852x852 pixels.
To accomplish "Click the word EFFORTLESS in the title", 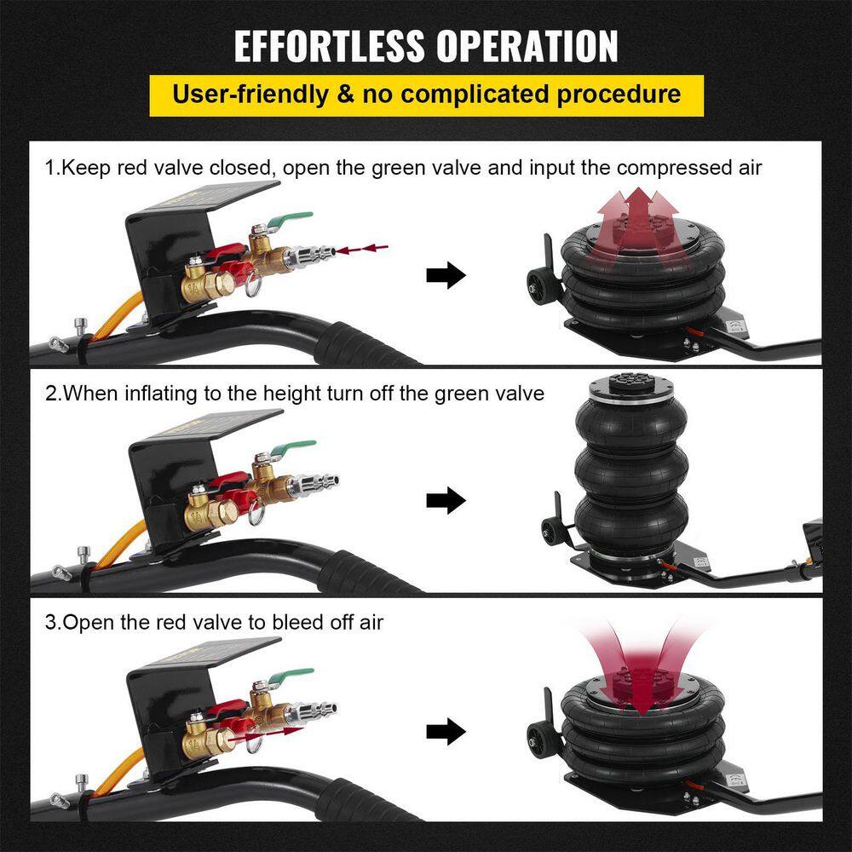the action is (x=329, y=46).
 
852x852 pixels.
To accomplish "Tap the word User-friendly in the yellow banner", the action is (x=250, y=95).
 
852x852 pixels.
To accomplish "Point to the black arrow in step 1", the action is (x=446, y=274).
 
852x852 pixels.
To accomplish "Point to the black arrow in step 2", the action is (x=446, y=500).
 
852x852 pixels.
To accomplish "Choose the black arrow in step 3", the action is (x=446, y=731).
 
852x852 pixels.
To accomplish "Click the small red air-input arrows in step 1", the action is (x=362, y=249).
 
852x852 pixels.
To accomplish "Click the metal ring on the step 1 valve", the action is (x=254, y=286).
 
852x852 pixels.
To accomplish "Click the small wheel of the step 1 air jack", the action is (x=538, y=284).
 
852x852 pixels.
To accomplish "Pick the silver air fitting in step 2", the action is (x=316, y=482).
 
